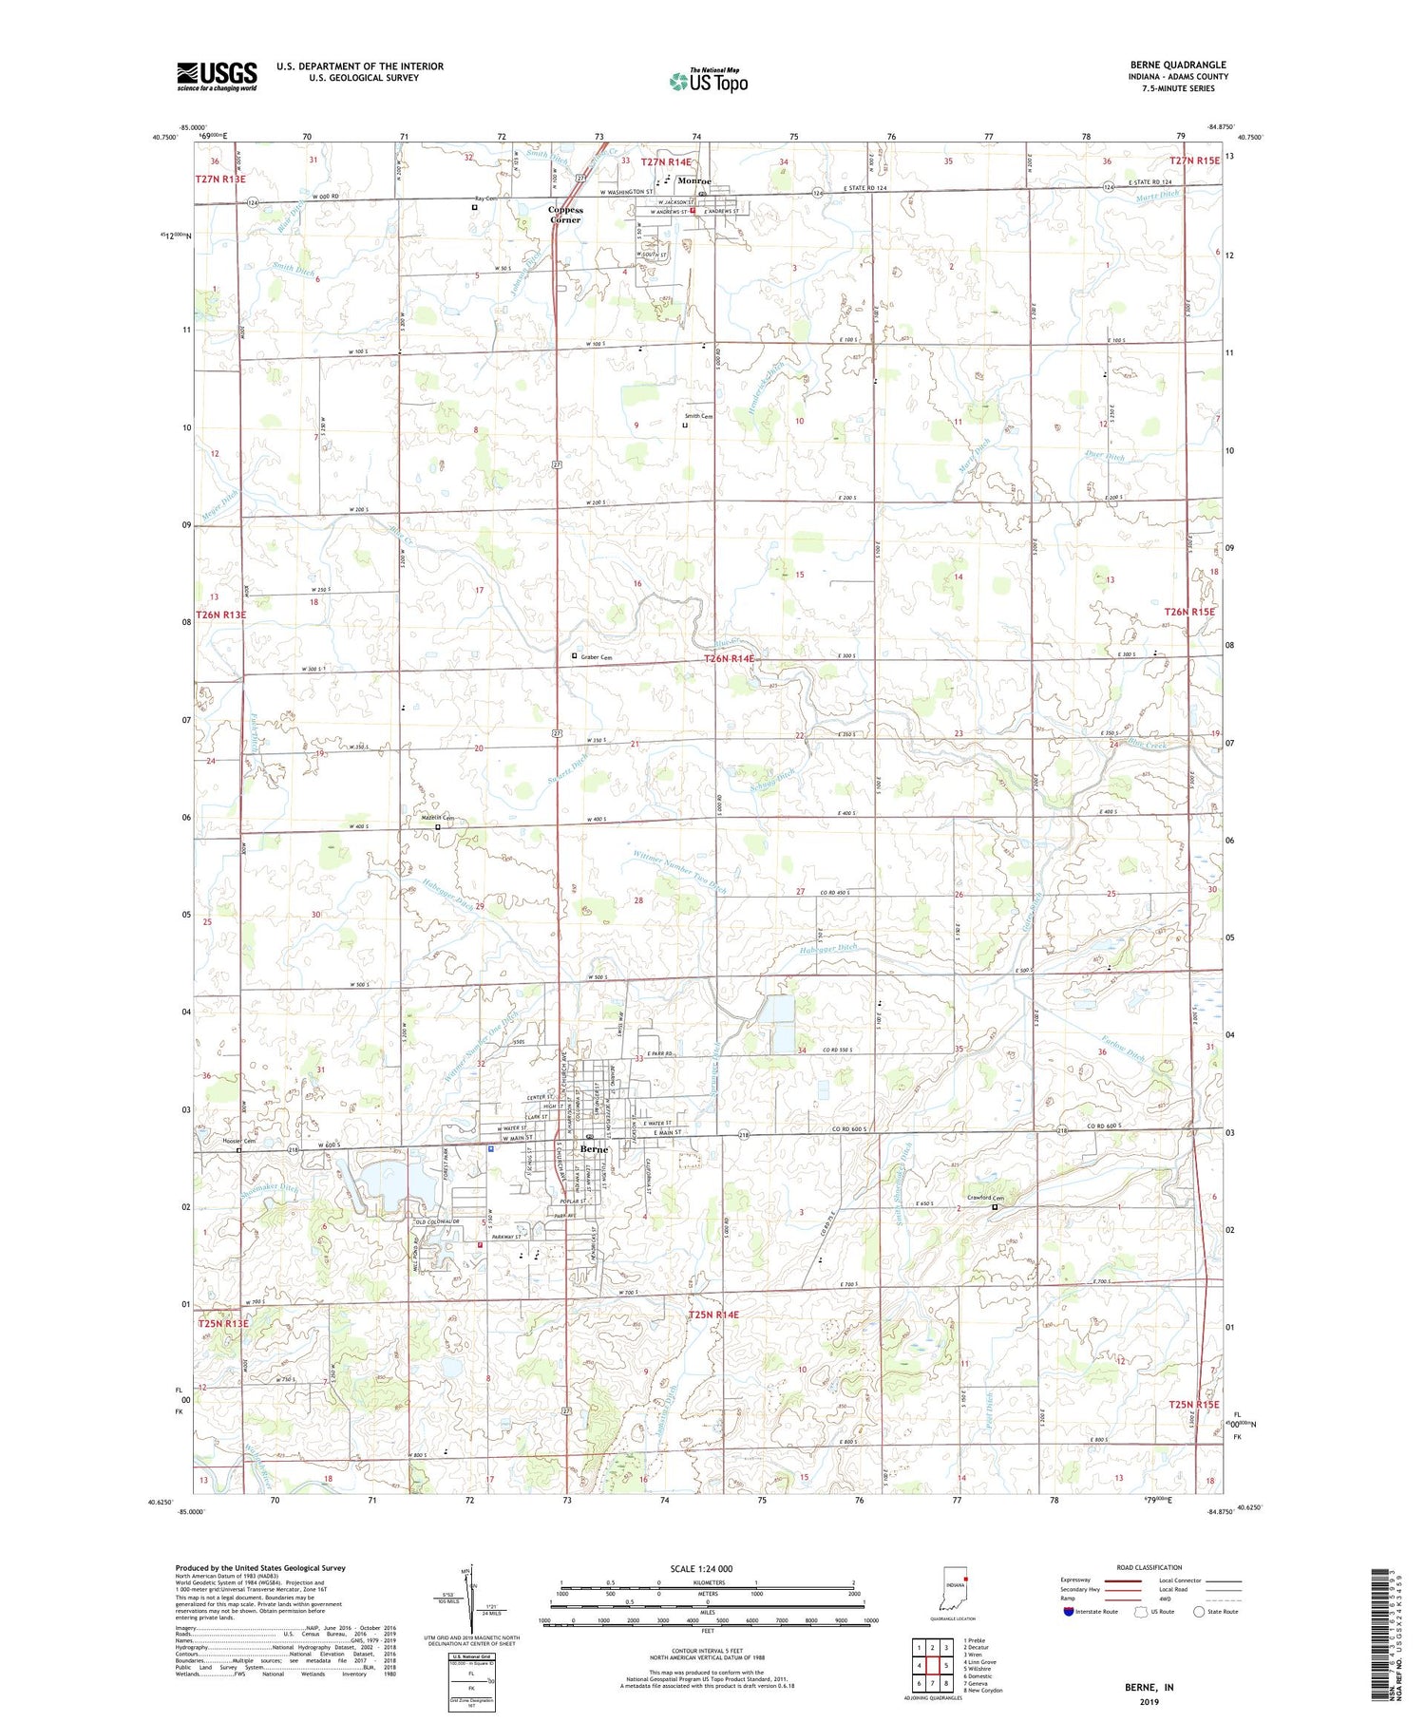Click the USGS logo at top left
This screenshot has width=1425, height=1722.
pos(217,76)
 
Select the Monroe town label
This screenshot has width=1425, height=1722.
pos(694,180)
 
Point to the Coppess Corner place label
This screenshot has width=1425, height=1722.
pos(565,215)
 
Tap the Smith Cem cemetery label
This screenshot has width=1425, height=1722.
pos(699,416)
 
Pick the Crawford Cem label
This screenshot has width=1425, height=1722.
pos(985,1198)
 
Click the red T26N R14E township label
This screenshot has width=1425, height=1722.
pos(729,658)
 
